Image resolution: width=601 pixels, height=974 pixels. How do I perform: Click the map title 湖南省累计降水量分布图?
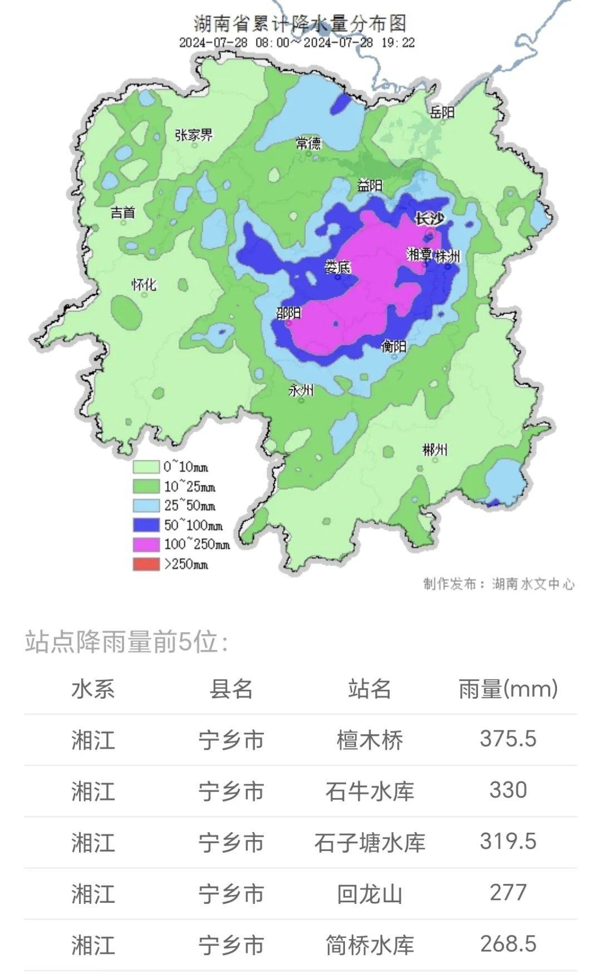300,23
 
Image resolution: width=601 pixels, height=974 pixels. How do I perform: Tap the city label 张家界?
194,135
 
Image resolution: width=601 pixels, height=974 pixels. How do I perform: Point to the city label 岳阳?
442,112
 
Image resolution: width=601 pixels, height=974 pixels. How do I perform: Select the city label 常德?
308,144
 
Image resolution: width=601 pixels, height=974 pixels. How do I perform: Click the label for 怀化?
144,285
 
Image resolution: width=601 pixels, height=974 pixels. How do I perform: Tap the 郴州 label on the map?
435,449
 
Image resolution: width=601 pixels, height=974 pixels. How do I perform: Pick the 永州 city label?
300,390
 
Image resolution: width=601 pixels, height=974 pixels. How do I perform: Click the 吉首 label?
123,212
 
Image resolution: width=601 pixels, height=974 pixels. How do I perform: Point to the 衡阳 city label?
393,346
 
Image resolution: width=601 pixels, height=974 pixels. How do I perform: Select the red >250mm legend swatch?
146,563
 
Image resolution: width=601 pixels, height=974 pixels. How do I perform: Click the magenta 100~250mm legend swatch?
146,544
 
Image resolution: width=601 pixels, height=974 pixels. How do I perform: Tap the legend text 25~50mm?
189,506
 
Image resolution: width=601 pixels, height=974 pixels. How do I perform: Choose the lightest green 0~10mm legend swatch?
146,467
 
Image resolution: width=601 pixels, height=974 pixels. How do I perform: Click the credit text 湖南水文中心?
533,584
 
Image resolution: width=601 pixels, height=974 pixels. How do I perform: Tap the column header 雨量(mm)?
508,689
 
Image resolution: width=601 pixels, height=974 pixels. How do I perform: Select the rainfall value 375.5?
508,739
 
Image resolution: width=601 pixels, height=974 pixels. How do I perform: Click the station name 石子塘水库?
370,842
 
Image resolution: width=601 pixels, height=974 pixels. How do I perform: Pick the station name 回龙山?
370,894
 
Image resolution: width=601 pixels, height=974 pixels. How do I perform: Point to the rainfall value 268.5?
508,944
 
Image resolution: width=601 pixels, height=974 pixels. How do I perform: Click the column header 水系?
93,689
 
